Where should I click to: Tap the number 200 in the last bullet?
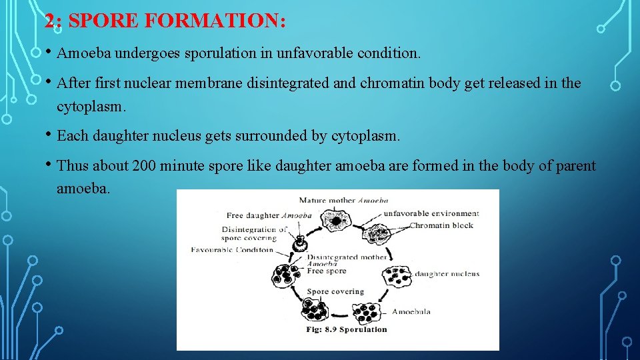(x=145, y=165)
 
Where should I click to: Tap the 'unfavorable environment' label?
(x=431, y=214)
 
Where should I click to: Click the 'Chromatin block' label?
(x=441, y=225)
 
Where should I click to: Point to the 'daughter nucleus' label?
(x=446, y=274)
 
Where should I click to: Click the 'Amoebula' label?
(x=411, y=312)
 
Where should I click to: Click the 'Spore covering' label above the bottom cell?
(x=335, y=291)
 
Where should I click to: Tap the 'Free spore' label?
(x=326, y=271)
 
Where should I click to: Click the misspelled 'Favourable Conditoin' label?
(x=231, y=250)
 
